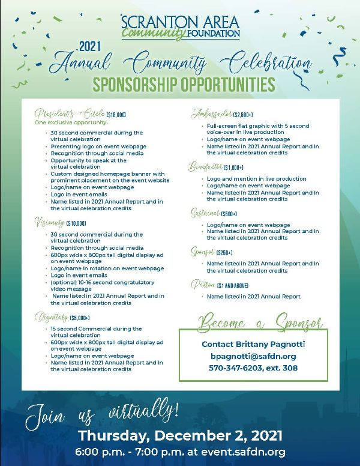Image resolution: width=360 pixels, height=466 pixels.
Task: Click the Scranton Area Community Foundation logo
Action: click(180, 26)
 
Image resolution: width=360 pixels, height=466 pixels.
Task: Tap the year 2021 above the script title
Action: click(91, 46)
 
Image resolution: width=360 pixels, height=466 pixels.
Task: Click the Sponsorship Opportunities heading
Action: click(180, 82)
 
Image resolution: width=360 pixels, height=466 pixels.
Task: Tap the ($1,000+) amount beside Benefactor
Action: click(234, 168)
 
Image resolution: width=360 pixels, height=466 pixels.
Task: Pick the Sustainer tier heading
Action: click(205, 214)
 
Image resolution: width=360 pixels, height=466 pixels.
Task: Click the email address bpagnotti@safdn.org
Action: click(253, 356)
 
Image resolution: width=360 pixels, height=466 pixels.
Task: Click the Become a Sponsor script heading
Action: click(259, 322)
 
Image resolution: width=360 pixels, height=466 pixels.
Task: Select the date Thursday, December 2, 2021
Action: click(181, 435)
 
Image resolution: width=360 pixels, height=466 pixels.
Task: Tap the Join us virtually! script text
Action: click(102, 413)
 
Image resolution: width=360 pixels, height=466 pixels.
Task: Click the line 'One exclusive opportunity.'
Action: click(71, 123)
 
